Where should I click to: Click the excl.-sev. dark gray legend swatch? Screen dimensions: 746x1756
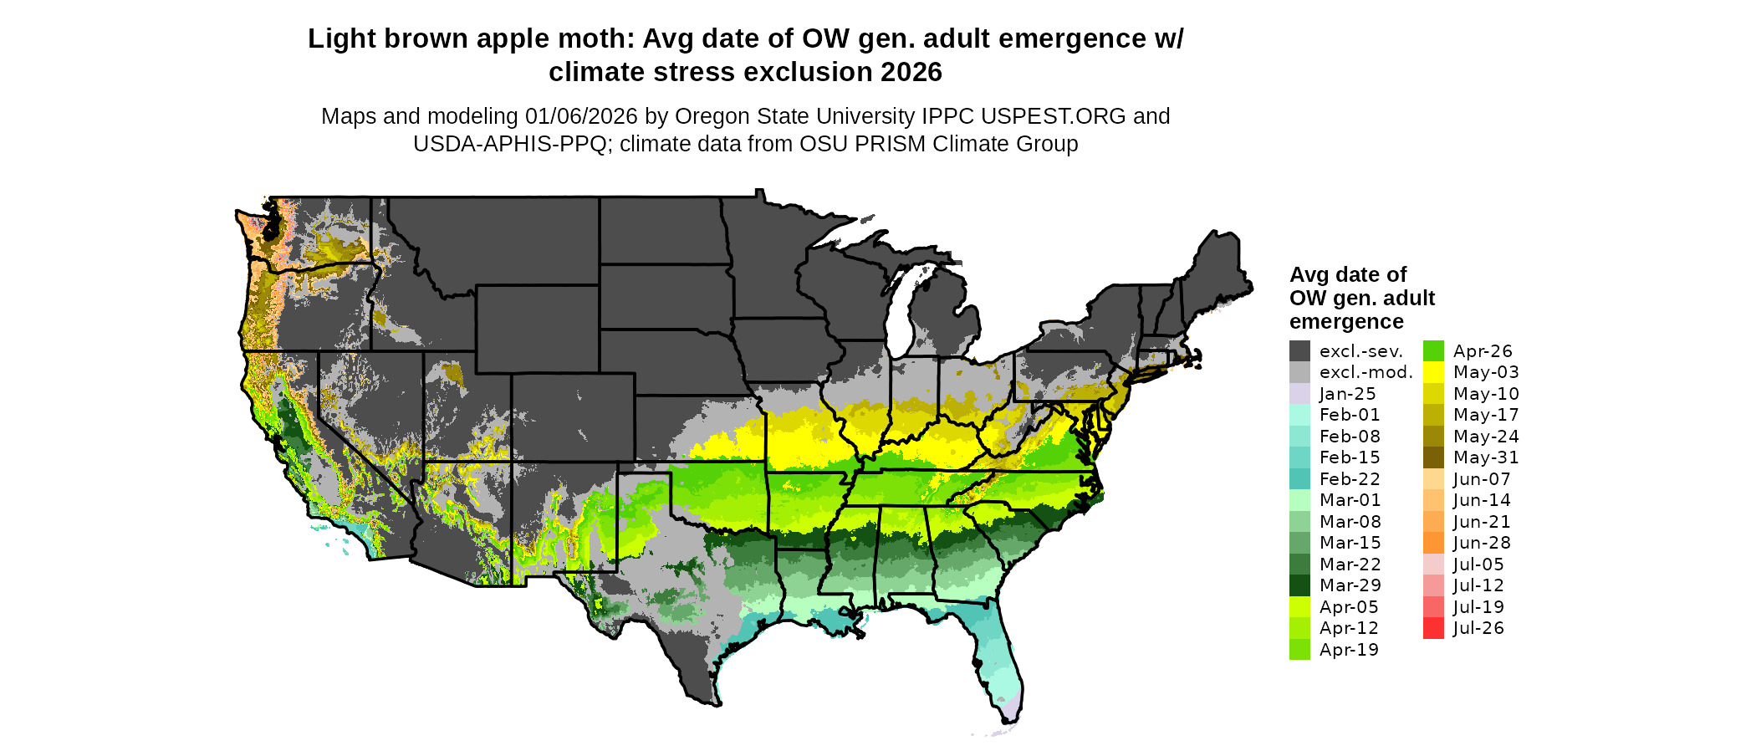(x=1299, y=351)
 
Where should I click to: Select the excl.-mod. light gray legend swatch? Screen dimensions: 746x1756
(x=1299, y=372)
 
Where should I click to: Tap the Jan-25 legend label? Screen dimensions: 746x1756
(x=1347, y=394)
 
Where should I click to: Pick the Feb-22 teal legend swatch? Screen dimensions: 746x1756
(x=1299, y=479)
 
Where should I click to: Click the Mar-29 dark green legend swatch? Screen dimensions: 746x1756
(x=1299, y=585)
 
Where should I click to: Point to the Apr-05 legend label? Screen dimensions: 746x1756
(x=1349, y=607)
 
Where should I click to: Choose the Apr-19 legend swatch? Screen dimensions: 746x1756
(x=1299, y=650)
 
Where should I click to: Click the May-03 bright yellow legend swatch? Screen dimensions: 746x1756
(x=1433, y=372)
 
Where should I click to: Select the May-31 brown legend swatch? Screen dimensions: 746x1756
(x=1433, y=457)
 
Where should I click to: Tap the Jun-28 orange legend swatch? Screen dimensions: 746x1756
(x=1433, y=543)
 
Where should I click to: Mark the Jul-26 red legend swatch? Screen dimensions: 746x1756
(x=1433, y=628)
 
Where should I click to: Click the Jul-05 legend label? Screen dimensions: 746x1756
(x=1478, y=565)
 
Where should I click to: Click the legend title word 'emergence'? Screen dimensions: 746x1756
(x=1346, y=322)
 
